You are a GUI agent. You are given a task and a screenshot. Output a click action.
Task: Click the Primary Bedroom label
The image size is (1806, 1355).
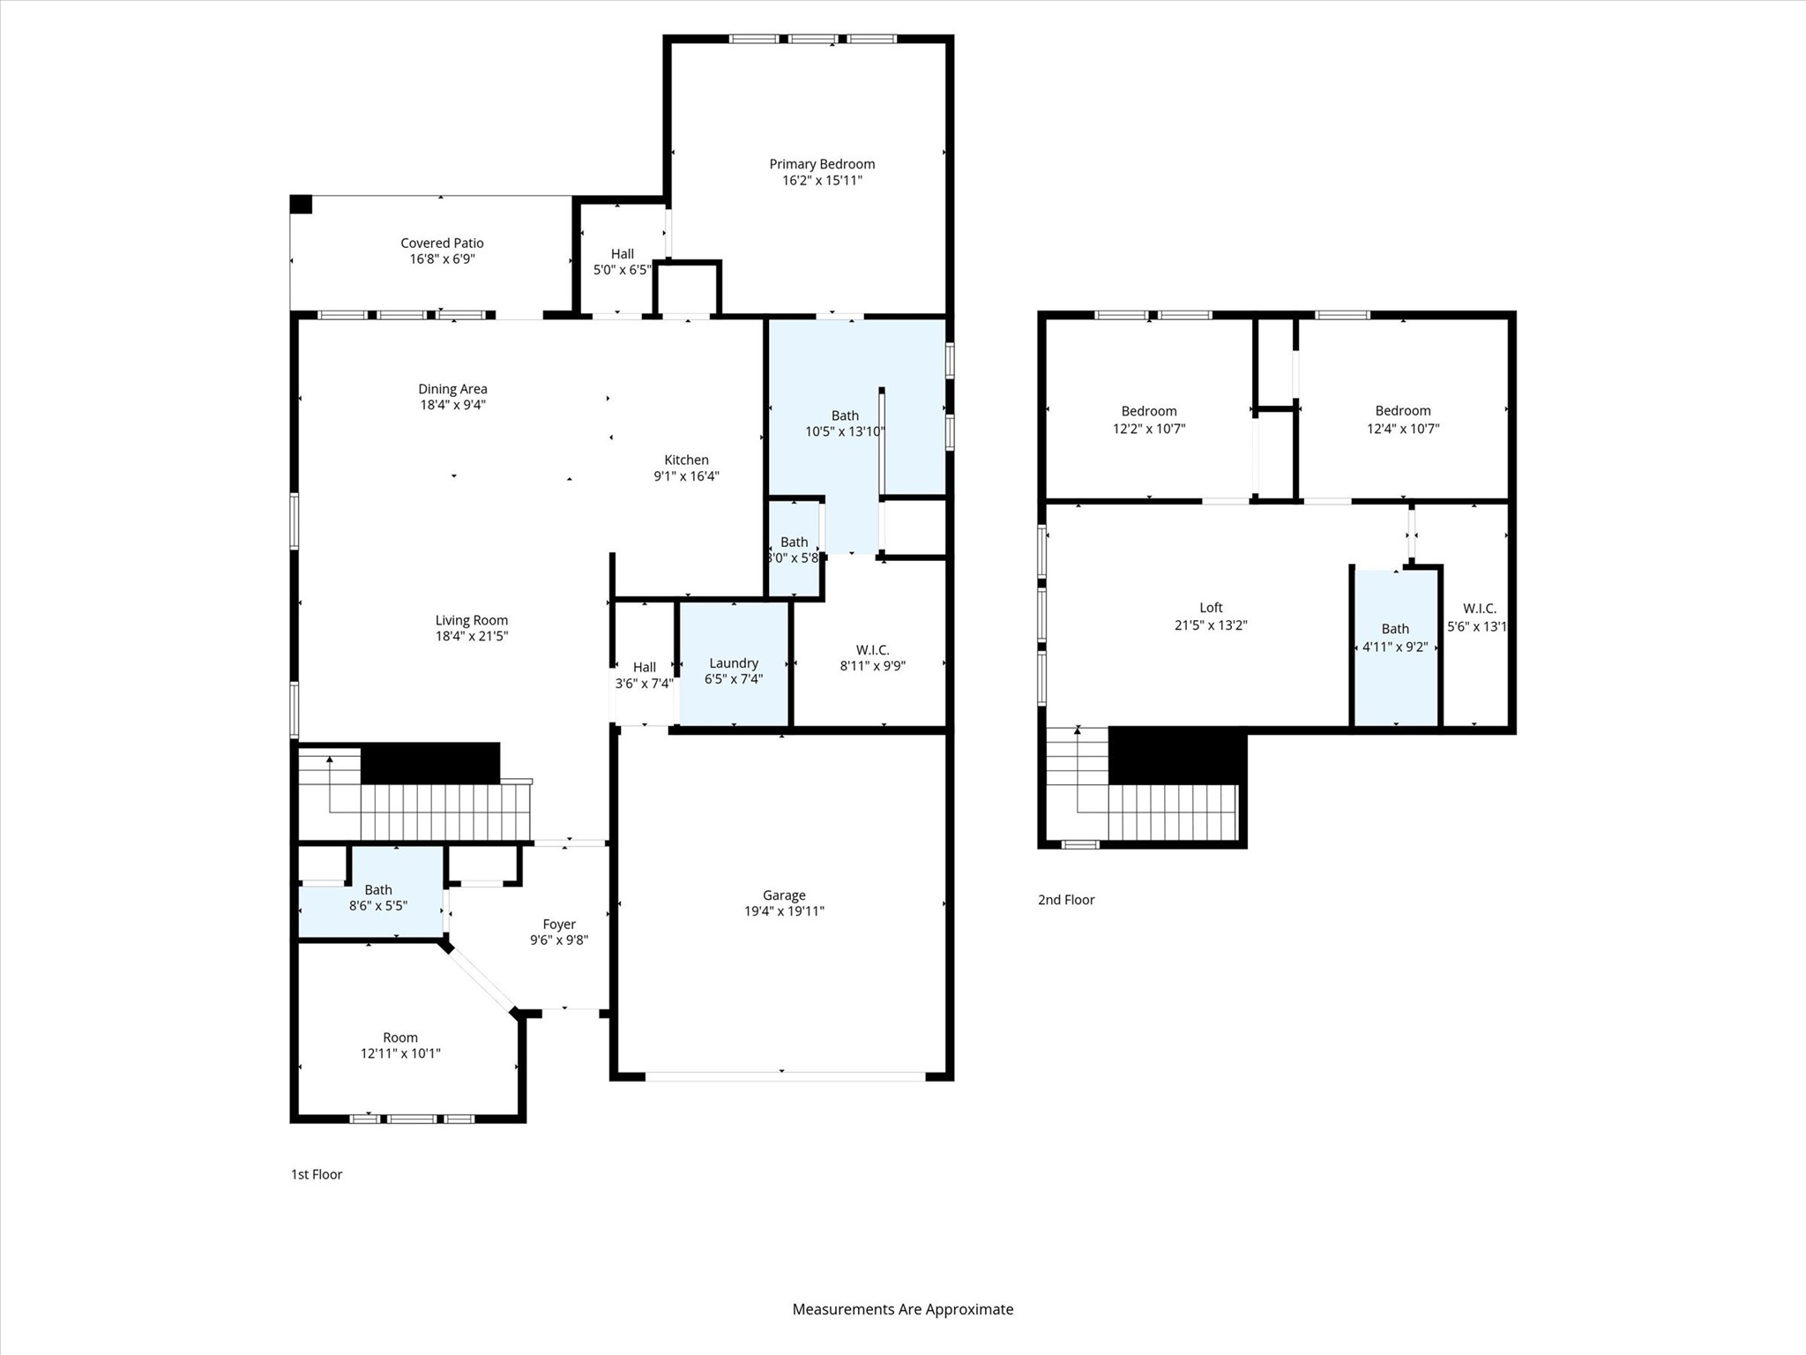pyautogui.click(x=822, y=164)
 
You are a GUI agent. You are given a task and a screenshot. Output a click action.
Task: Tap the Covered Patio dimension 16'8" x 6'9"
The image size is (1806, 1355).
pyautogui.click(x=442, y=259)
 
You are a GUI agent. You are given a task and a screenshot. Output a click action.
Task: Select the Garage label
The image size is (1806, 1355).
pyautogui.click(x=784, y=895)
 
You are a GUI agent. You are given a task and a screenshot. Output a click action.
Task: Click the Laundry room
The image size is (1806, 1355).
pyautogui.click(x=734, y=670)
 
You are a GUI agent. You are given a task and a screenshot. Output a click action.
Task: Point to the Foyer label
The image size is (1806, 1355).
pyautogui.click(x=559, y=925)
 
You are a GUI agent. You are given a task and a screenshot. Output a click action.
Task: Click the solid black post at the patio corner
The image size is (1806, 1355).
pyautogui.click(x=302, y=204)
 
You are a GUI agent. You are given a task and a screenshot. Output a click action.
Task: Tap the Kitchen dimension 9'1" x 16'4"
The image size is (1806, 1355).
pyautogui.click(x=686, y=476)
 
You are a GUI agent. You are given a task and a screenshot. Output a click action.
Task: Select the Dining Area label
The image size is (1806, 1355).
pyautogui.click(x=452, y=389)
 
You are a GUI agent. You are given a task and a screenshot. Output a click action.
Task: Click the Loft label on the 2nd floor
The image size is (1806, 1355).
pyautogui.click(x=1211, y=607)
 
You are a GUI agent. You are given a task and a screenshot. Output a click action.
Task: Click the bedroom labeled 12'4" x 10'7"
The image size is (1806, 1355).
pyautogui.click(x=1402, y=419)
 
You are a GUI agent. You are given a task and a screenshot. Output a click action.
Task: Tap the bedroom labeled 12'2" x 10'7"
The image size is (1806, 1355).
pyautogui.click(x=1149, y=419)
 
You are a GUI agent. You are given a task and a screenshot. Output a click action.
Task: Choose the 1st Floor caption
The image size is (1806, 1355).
pyautogui.click(x=317, y=1174)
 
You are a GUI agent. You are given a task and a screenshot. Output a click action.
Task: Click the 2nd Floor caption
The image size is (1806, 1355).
pyautogui.click(x=1066, y=900)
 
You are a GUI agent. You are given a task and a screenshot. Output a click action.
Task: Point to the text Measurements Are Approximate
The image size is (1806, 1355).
pyautogui.click(x=902, y=1309)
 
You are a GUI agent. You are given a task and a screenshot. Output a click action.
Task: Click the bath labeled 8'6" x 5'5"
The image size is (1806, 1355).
pyautogui.click(x=378, y=898)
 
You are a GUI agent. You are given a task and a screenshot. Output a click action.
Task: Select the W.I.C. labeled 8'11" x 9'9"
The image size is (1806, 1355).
pyautogui.click(x=872, y=658)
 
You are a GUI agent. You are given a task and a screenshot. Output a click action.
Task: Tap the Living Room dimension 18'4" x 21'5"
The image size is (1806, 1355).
pyautogui.click(x=472, y=636)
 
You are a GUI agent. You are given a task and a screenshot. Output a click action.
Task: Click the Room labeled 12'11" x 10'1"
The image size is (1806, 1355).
pyautogui.click(x=400, y=1045)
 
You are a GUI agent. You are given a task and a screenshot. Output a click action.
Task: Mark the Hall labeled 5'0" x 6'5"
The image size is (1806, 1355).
pyautogui.click(x=622, y=262)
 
